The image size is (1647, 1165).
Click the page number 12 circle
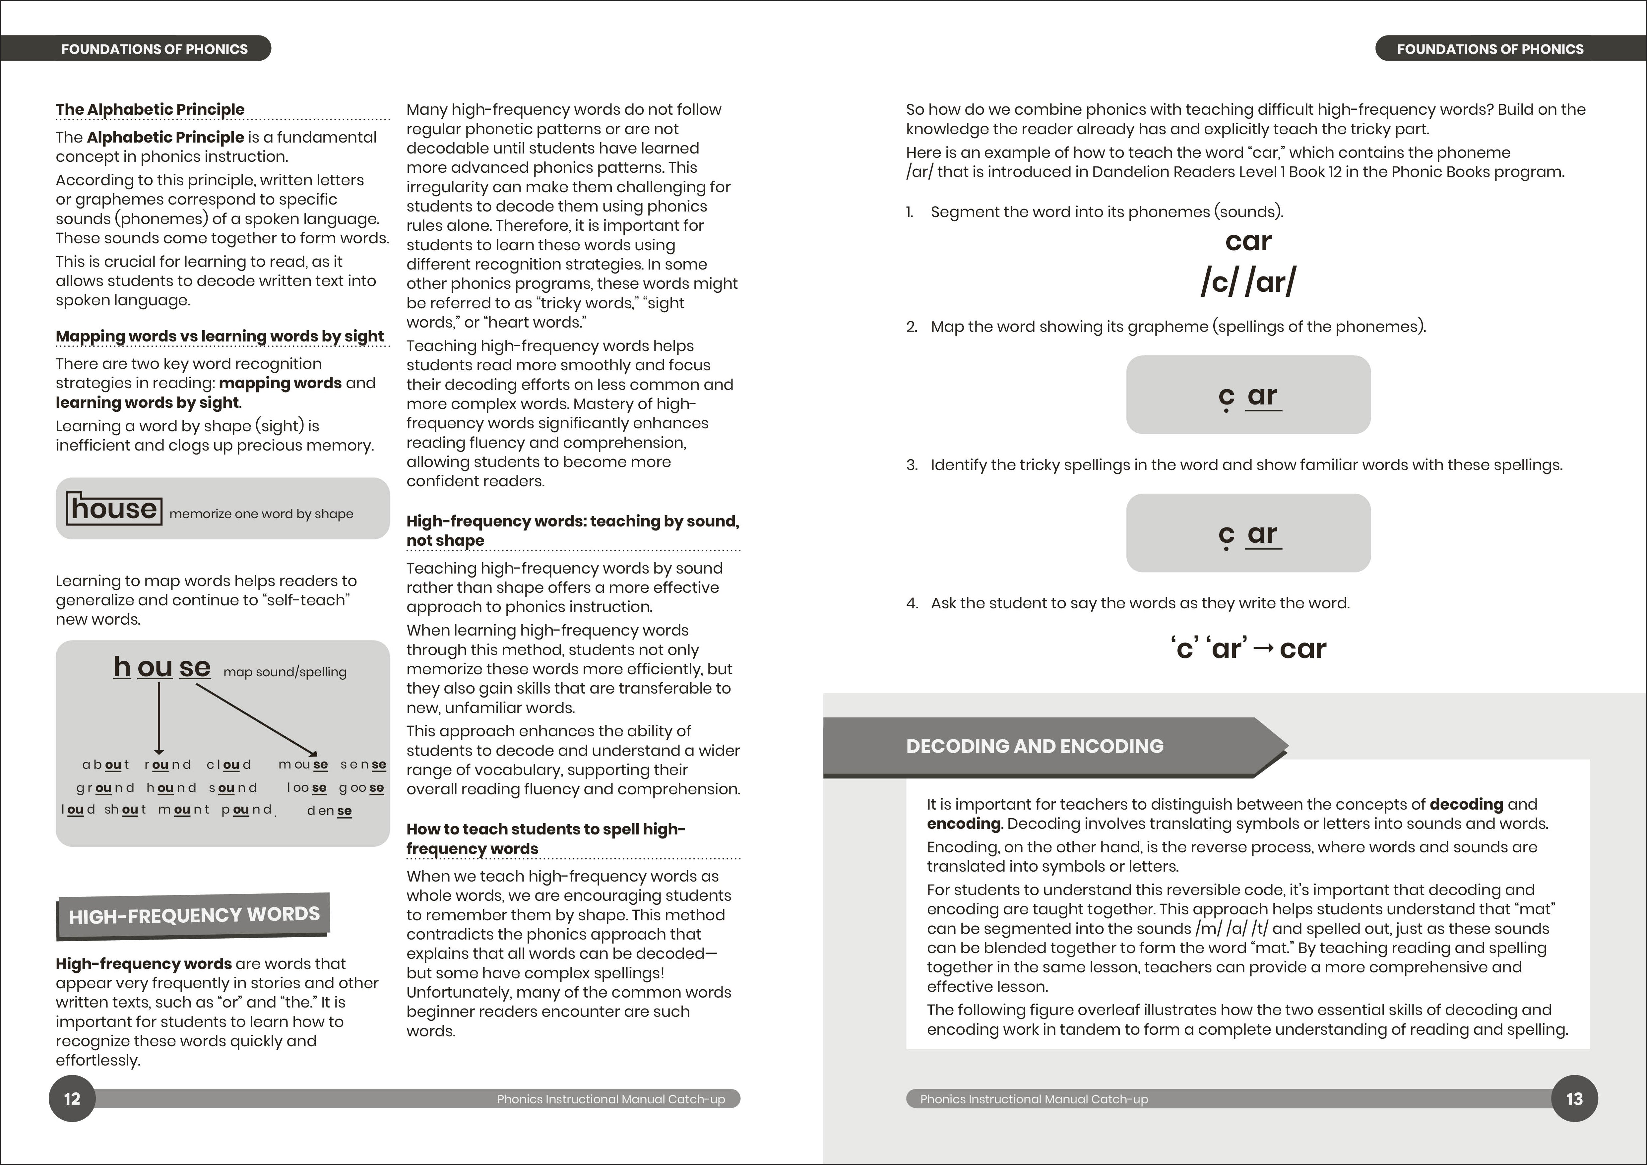click(x=72, y=1098)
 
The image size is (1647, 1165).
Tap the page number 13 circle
click(x=1574, y=1098)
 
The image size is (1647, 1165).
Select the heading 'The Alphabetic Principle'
click(x=150, y=109)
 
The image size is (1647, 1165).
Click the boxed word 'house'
click(x=114, y=509)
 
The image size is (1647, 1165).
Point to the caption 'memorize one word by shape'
click(x=261, y=514)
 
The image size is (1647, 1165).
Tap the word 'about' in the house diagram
click(x=105, y=765)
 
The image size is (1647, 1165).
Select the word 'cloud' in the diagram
click(x=229, y=765)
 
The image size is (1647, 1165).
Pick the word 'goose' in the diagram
click(x=361, y=788)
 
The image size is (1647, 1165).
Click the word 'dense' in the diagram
click(x=329, y=811)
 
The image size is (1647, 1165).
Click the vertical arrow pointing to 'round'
click(x=159, y=717)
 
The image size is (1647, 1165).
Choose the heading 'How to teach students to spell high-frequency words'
click(x=545, y=838)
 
